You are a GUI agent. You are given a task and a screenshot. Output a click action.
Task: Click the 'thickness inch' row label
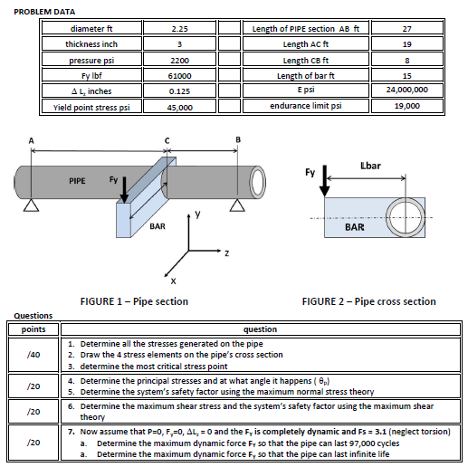pos(92,43)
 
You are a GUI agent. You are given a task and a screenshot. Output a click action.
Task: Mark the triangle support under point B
pos(237,206)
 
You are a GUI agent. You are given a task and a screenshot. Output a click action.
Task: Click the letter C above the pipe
pos(167,138)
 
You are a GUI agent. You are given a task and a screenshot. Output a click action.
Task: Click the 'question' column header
pos(253,330)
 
